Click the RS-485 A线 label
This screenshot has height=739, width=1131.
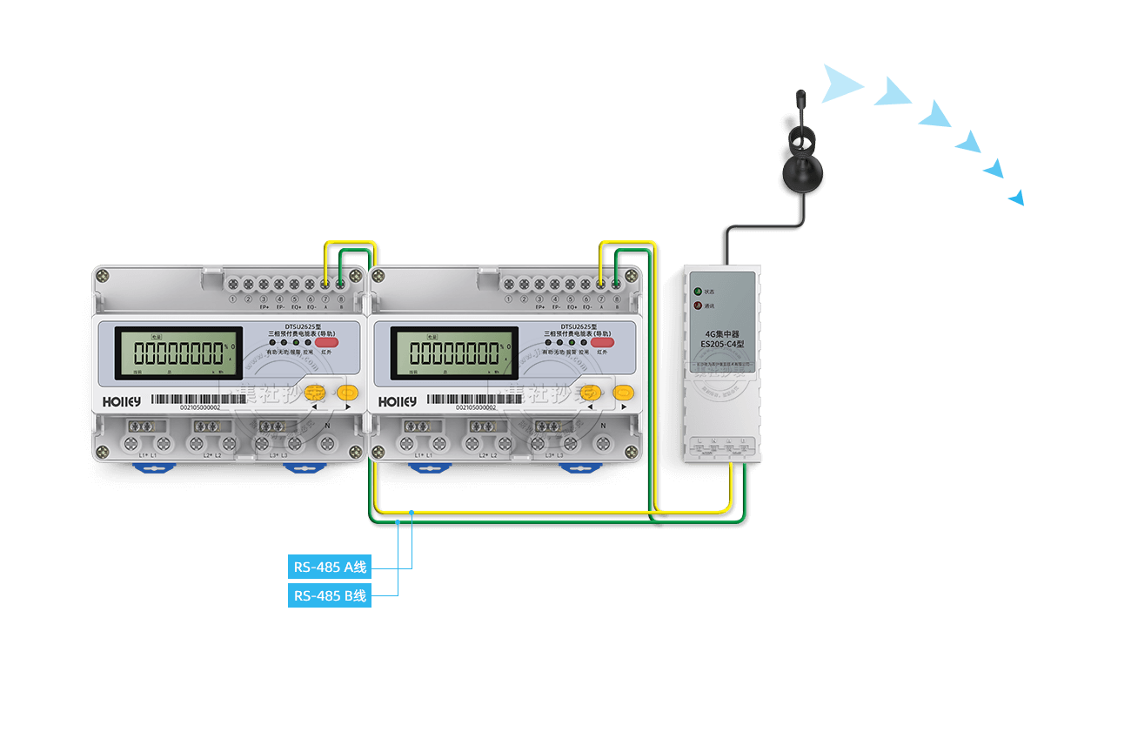(x=330, y=568)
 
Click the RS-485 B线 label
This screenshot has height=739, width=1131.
(x=330, y=596)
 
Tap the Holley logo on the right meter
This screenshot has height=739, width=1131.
(x=397, y=401)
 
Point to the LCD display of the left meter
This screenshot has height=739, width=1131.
(x=179, y=353)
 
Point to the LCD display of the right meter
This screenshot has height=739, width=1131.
(x=454, y=353)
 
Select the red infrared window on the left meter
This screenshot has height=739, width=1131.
(x=327, y=342)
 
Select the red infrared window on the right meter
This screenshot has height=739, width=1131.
(x=602, y=342)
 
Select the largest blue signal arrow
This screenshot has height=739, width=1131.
(x=840, y=84)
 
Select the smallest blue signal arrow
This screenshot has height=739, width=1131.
(x=1016, y=198)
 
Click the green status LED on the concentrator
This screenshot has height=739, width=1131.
(x=697, y=290)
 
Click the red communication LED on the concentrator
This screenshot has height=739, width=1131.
(x=697, y=306)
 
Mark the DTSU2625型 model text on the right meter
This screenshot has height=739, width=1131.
(x=579, y=326)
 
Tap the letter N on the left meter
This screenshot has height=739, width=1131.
(x=327, y=426)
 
